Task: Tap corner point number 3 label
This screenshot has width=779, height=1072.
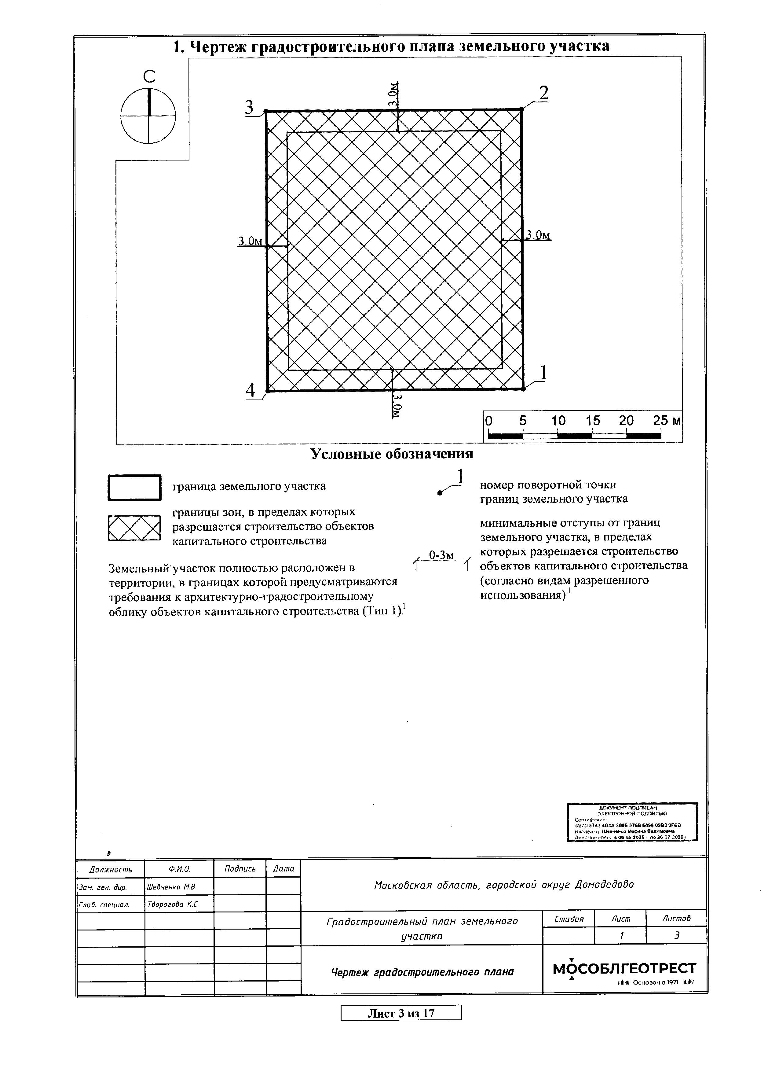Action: click(x=249, y=108)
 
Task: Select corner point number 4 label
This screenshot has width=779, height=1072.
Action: click(x=251, y=390)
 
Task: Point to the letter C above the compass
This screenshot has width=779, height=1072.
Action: click(x=149, y=76)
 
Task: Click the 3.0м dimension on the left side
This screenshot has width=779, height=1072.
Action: click(x=250, y=241)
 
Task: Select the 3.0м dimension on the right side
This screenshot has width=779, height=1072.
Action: click(x=538, y=235)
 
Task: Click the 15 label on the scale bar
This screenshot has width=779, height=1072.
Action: click(x=592, y=421)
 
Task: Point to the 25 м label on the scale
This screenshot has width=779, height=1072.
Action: click(x=667, y=421)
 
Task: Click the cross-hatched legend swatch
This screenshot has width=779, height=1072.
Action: click(x=134, y=528)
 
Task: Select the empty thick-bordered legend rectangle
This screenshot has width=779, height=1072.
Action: click(x=134, y=487)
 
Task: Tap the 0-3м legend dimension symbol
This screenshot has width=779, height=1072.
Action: click(x=442, y=559)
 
